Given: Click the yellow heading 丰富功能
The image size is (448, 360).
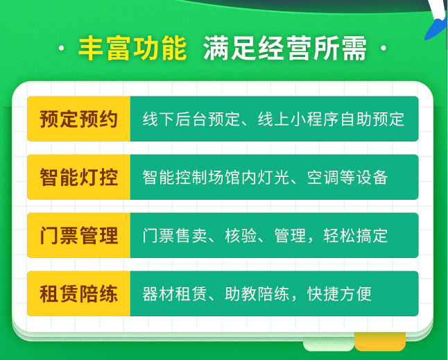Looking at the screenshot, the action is point(132,49).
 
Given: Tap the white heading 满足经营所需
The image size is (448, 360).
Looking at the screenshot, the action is point(285,49).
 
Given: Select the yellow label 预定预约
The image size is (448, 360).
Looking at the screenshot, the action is point(78,119).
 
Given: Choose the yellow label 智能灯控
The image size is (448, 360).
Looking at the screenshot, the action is point(78,178).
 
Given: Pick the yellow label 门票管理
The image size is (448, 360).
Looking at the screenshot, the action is point(78,236).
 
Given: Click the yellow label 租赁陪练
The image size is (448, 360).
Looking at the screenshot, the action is point(78,294).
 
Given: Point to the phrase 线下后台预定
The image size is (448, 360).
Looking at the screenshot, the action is point(191,119).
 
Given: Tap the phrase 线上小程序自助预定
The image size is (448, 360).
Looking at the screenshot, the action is point(331,119).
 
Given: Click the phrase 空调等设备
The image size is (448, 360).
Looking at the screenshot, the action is point(347,178).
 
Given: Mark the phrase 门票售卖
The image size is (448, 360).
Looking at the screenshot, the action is point(175,236).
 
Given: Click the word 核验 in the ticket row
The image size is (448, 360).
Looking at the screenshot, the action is point(241,236).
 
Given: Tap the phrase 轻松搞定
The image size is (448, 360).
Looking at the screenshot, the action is point(356,236).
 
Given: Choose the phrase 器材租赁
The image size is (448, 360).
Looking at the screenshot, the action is point(175,294).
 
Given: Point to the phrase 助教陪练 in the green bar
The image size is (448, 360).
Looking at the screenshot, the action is point(257,294).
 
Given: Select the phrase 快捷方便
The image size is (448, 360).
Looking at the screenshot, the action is point(339,294).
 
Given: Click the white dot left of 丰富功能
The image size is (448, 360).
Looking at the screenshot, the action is point(61,49).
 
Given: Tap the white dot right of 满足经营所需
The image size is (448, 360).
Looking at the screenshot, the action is point(384,49).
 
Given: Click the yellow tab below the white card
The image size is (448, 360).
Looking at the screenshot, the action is point(380,341).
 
